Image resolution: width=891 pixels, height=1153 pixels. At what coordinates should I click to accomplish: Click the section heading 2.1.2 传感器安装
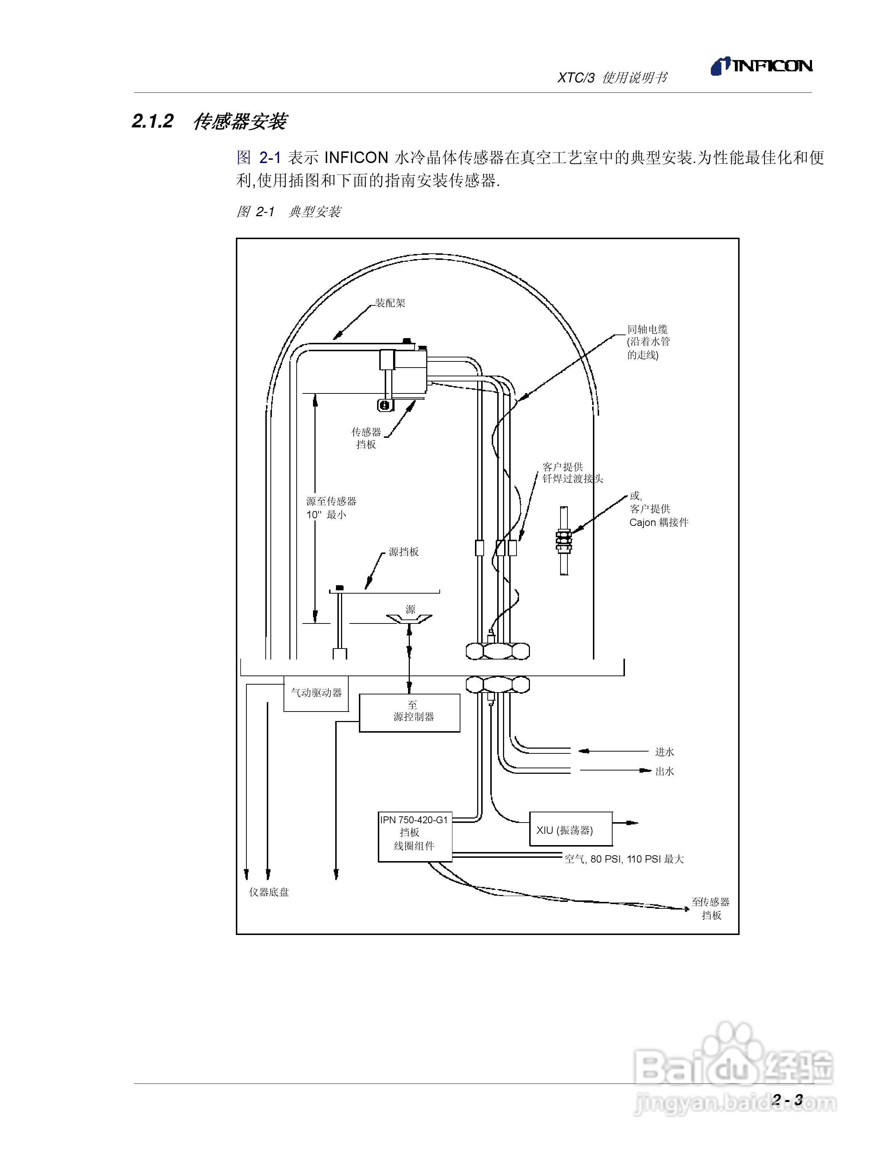[209, 122]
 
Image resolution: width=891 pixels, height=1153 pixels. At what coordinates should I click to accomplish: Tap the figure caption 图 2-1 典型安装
[288, 212]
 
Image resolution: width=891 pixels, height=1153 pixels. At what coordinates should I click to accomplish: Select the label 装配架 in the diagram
[390, 303]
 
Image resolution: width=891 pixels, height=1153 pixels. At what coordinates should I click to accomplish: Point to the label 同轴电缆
[648, 329]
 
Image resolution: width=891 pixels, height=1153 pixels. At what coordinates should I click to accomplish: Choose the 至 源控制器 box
[409, 713]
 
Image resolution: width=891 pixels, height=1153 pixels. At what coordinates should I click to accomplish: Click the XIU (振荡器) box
[571, 831]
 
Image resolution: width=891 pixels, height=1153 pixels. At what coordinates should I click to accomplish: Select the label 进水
[665, 752]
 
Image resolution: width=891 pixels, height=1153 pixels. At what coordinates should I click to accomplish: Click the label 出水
[665, 771]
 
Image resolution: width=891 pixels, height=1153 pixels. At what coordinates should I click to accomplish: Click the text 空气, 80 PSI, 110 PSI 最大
[624, 859]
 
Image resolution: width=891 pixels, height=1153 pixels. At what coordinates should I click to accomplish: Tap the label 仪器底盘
[269, 892]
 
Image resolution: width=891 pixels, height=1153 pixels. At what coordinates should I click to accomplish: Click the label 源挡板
[404, 552]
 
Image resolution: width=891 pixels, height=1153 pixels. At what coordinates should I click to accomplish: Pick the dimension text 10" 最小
[326, 515]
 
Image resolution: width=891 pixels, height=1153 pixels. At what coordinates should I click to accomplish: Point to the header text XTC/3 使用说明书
[612, 78]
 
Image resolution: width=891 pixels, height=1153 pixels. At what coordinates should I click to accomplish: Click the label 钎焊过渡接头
[573, 479]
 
